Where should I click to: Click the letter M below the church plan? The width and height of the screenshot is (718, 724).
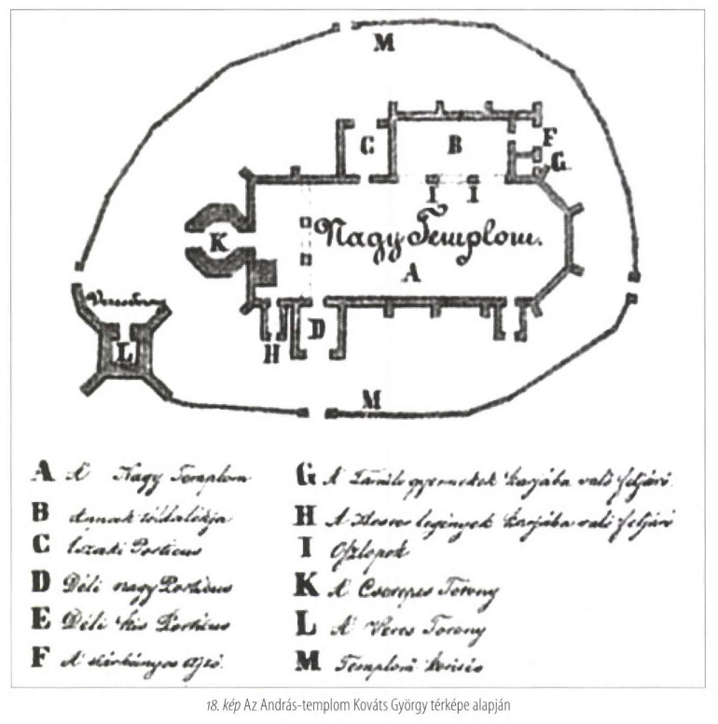click(x=372, y=399)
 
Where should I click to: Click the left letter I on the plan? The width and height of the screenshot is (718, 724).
click(x=433, y=195)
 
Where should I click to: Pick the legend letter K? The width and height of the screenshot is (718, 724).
click(x=303, y=589)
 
